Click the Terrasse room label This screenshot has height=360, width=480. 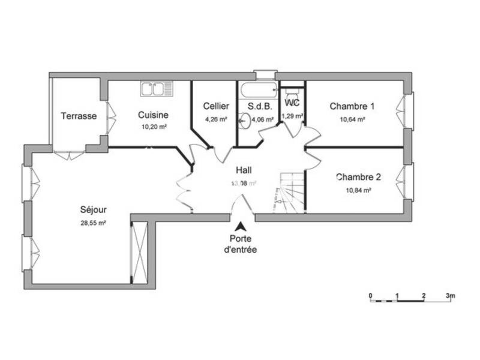(79, 116)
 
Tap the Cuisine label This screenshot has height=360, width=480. (153, 115)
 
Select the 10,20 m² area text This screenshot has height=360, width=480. (154, 127)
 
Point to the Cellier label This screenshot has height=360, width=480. (215, 106)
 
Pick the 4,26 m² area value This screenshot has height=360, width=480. (215, 119)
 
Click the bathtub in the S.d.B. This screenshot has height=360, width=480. (257, 91)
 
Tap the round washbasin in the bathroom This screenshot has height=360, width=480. (243, 121)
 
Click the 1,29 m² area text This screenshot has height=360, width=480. (292, 116)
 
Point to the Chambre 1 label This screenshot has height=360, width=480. (352, 106)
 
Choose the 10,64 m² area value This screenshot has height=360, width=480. (353, 119)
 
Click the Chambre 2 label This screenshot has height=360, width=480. (358, 177)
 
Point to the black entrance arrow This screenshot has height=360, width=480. (240, 227)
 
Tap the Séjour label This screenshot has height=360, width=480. (93, 210)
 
